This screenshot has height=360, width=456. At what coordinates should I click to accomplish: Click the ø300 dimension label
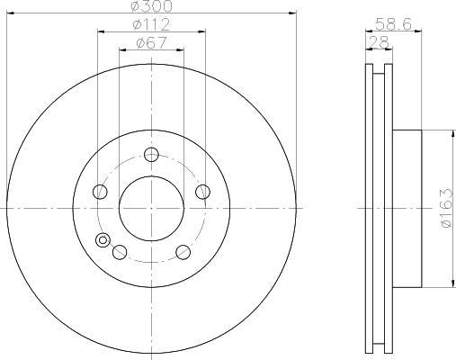click(x=152, y=6)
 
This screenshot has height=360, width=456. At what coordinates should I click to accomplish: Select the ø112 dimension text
click(x=151, y=24)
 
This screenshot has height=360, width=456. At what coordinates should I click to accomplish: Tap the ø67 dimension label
click(x=151, y=42)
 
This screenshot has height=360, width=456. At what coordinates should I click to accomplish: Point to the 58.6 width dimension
click(x=393, y=24)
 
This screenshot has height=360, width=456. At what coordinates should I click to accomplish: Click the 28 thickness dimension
click(x=379, y=42)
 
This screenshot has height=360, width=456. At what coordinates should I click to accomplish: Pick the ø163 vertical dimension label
click(x=447, y=208)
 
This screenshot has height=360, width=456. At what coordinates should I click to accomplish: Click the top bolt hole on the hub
click(x=151, y=155)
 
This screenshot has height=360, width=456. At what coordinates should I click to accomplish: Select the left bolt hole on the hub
click(x=100, y=192)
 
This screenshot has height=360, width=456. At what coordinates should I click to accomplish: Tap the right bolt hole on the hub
click(x=202, y=192)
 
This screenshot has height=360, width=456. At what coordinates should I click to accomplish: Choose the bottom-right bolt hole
click(x=183, y=252)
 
